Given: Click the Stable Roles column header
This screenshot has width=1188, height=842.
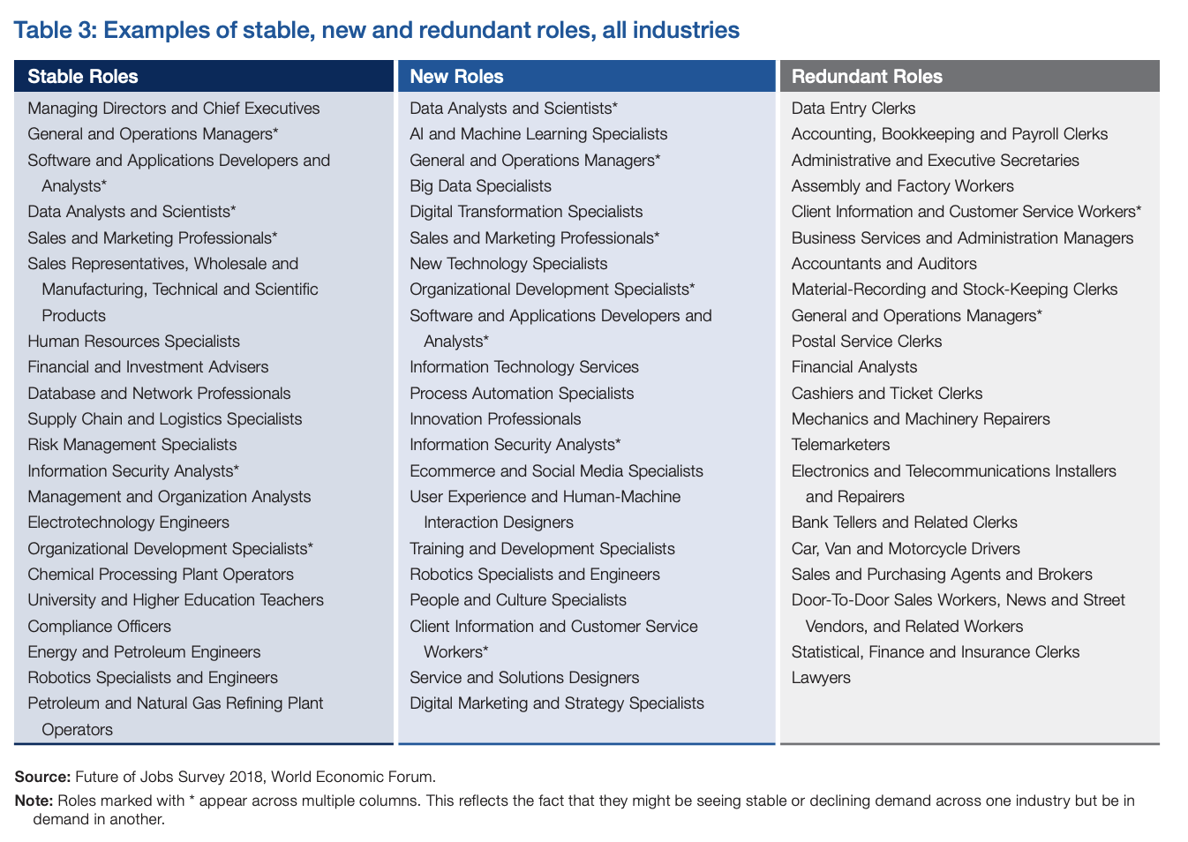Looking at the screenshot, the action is [83, 77].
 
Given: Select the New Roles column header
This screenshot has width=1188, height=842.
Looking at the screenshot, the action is [456, 77].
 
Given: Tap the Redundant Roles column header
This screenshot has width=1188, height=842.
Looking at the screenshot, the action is [867, 77].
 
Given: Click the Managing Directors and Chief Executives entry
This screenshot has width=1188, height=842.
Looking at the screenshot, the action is [173, 109].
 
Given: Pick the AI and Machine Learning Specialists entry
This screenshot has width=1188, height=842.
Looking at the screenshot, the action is [538, 134].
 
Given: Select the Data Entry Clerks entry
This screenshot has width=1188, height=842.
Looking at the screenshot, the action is [853, 109].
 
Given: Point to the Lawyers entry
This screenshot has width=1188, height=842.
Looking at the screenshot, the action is [821, 678].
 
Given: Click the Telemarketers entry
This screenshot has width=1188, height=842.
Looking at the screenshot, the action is [840, 444].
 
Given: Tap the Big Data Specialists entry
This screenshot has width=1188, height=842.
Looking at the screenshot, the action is [480, 186].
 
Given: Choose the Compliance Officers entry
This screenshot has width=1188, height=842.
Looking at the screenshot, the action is [99, 626].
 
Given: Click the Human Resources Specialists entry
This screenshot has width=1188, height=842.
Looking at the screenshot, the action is [133, 342].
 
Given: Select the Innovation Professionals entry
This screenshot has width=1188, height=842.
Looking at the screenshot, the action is [495, 419].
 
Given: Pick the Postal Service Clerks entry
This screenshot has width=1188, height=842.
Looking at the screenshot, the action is [867, 342].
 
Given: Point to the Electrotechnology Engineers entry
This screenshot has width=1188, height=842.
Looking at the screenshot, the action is [128, 522].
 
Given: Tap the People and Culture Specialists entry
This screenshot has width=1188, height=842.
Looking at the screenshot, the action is [518, 599].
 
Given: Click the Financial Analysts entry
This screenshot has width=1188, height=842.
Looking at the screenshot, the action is [854, 367].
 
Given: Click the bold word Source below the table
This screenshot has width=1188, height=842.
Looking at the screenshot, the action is [42, 777].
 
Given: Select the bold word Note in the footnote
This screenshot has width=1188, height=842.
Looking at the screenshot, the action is [34, 801].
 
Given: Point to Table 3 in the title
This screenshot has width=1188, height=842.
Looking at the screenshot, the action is [55, 30].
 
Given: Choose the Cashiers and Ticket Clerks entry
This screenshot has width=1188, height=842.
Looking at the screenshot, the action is [887, 394].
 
